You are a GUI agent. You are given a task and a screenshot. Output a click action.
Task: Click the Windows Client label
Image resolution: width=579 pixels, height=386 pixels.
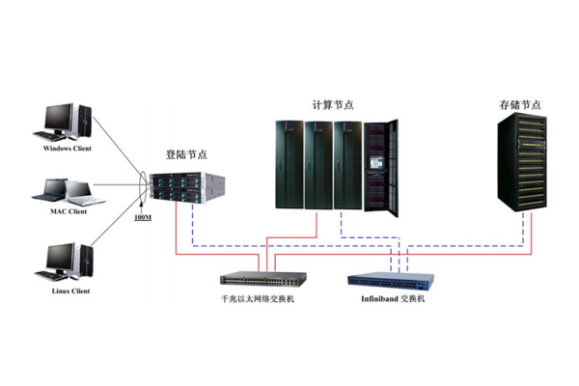[x=67, y=149]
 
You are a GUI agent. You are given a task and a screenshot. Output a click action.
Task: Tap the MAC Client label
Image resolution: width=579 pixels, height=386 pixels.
[x=69, y=211]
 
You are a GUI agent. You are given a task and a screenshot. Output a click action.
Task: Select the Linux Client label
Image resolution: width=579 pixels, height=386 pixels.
[x=70, y=291]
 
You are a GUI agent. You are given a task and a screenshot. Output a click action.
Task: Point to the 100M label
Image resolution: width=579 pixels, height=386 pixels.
[x=143, y=217]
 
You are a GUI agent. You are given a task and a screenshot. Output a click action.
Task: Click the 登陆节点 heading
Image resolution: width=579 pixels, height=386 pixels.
[x=186, y=154]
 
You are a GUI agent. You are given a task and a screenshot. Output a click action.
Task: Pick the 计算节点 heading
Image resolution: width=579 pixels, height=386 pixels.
[x=333, y=105]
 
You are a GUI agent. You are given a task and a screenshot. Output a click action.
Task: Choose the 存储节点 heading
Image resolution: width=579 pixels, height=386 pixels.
[x=520, y=105]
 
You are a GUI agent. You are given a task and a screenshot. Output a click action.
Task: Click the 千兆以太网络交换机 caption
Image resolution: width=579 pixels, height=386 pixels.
[x=258, y=299]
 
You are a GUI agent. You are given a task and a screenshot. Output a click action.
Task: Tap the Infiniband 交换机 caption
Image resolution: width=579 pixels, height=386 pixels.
[x=393, y=299]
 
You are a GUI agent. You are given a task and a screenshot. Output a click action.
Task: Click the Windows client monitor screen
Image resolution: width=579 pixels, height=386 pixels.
[x=58, y=117]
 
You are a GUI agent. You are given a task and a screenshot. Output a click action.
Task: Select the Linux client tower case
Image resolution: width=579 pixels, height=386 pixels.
[x=87, y=260]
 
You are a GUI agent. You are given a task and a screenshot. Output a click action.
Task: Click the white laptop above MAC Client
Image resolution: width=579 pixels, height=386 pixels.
[x=84, y=193]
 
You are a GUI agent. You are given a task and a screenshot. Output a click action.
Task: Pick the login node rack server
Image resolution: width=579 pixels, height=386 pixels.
[x=187, y=187]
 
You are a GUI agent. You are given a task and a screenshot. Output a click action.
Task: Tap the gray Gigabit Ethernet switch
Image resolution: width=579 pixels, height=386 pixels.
[x=263, y=279]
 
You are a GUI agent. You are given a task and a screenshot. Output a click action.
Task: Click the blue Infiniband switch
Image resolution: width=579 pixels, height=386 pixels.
[x=391, y=281]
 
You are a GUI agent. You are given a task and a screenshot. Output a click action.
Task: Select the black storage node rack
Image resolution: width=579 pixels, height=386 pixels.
[x=522, y=162]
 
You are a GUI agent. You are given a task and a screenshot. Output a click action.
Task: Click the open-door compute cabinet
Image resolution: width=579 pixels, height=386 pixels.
[x=381, y=168]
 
